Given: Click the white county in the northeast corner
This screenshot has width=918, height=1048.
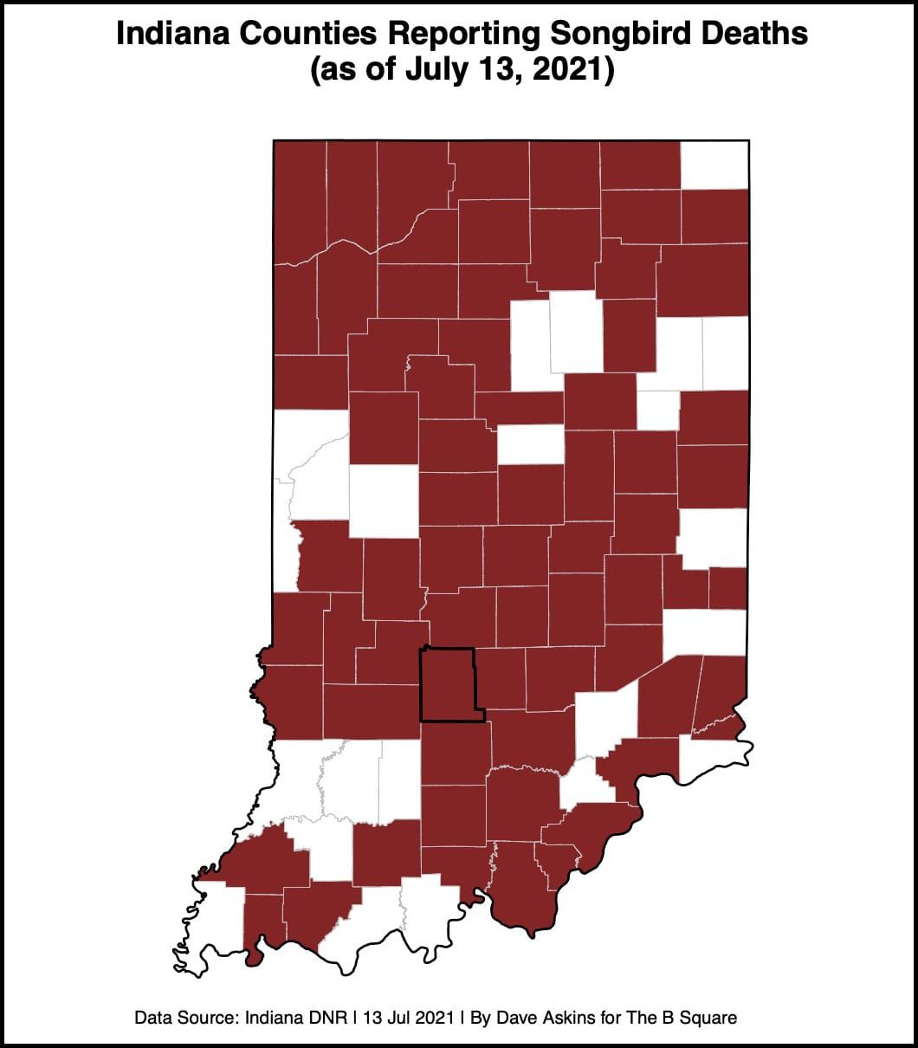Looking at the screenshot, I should pos(714,165).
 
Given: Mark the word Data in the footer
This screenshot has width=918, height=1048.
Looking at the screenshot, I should pos(152,1017).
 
